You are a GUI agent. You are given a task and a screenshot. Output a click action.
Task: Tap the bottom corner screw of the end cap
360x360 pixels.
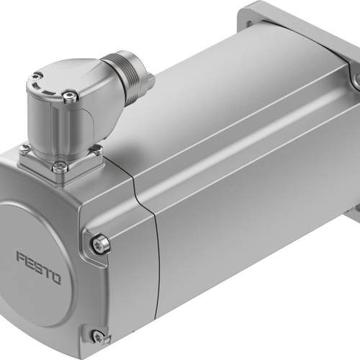coord(99,336)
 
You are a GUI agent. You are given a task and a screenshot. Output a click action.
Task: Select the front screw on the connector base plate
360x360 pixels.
coord(61,166)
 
